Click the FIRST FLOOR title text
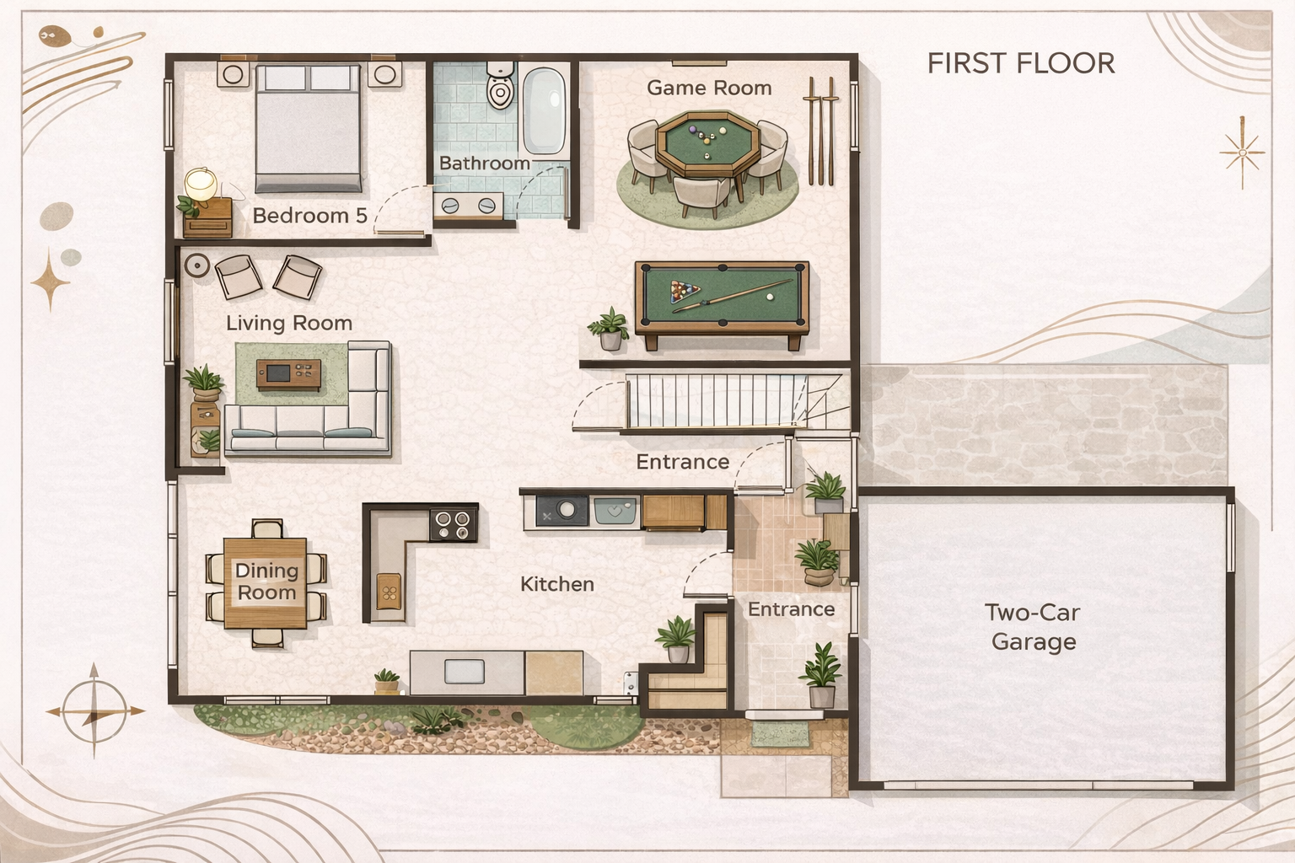(1021, 63)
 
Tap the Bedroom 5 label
(310, 216)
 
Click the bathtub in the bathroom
(545, 110)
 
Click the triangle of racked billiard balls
(685, 291)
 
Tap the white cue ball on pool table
(770, 297)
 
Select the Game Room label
(709, 88)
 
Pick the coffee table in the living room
(288, 374)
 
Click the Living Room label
(289, 323)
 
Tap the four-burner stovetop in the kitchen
(454, 525)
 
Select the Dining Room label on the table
(266, 582)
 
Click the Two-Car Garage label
(1033, 627)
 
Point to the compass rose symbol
(94, 711)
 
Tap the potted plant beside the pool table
(610, 329)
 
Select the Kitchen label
(557, 584)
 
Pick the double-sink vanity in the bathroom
(468, 206)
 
